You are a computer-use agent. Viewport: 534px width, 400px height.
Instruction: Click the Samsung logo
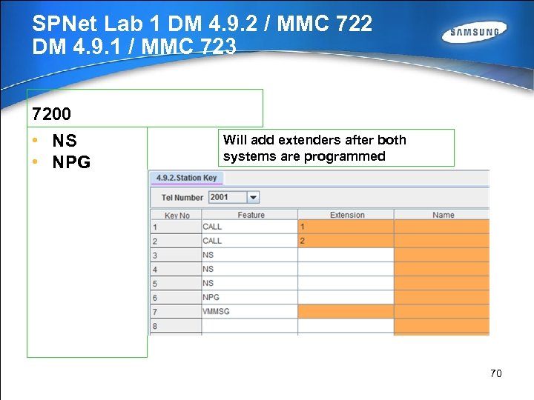475,33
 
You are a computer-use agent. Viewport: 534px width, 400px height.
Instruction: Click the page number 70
495,373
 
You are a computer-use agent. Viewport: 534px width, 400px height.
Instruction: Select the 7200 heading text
51,114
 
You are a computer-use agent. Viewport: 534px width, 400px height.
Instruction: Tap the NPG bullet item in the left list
71,162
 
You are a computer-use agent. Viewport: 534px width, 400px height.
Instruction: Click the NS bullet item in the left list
65,141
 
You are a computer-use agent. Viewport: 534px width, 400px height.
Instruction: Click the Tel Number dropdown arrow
253,197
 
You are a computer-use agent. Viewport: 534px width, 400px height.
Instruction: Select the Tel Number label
182,198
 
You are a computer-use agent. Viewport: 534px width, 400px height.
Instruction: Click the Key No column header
177,215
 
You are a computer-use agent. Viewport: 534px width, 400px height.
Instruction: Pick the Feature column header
251,215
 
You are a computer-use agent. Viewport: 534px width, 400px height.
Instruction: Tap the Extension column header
346,215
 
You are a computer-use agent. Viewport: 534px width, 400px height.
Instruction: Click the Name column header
443,215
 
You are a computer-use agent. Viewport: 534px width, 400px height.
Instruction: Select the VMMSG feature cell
250,311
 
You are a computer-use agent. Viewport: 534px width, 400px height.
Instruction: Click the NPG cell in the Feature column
250,297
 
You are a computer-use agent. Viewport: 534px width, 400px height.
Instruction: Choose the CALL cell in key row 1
250,227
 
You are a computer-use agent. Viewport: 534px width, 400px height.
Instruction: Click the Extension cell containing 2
346,241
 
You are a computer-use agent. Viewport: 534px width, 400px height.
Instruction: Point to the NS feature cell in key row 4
250,269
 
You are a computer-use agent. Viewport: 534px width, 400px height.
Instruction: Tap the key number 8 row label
155,326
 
